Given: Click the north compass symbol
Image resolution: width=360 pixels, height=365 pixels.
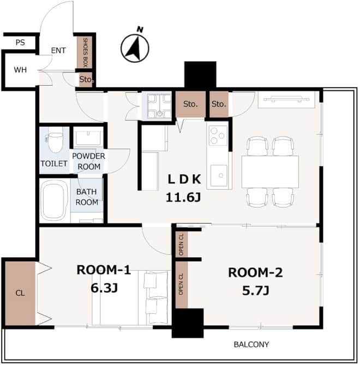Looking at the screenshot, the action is coord(135,49).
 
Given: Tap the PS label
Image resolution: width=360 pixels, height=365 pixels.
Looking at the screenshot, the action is coord(20,43).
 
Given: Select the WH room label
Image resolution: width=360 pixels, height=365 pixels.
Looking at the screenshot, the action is coord(20,70).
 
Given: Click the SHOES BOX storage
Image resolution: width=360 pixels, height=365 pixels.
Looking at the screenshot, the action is coord(85,52).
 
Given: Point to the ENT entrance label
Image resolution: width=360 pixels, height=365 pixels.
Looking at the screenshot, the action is coord(58,51).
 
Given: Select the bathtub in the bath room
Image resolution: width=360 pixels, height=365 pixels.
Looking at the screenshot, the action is coord(54,201).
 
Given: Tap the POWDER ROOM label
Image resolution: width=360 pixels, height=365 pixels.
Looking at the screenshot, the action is coord(89,161).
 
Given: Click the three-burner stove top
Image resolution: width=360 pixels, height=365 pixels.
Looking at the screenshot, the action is coord(218,135).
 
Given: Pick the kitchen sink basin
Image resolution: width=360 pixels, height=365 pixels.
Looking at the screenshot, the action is coord(219,175).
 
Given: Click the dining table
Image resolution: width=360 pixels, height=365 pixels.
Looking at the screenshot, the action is coord(270,172).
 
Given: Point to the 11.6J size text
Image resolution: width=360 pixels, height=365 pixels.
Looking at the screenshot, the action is coord(183,198).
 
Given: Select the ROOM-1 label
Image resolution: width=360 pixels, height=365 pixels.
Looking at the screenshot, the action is coord(104,270).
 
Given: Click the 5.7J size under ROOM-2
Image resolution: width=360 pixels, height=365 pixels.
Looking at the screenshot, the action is coord(255,291).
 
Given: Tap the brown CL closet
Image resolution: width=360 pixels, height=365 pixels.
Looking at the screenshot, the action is coord(20,293).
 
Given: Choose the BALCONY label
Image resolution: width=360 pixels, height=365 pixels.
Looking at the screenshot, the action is coord(251,344).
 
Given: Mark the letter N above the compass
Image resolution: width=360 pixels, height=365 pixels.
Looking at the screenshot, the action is coord(140,29).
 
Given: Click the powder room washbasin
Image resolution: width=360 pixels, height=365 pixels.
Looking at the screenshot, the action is coord(88,137).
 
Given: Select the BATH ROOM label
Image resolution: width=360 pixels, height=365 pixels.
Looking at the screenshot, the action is coord(87,197).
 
